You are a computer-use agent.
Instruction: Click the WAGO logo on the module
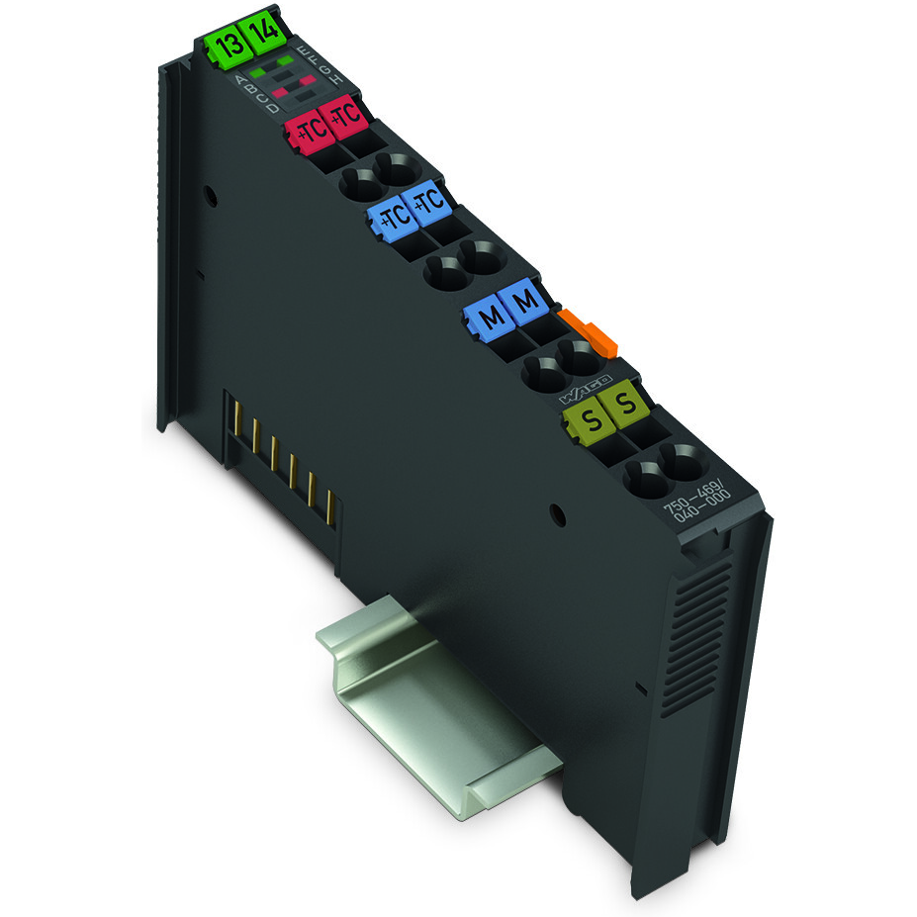pos(586,389)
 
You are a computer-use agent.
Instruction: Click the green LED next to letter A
pos(257,72)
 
